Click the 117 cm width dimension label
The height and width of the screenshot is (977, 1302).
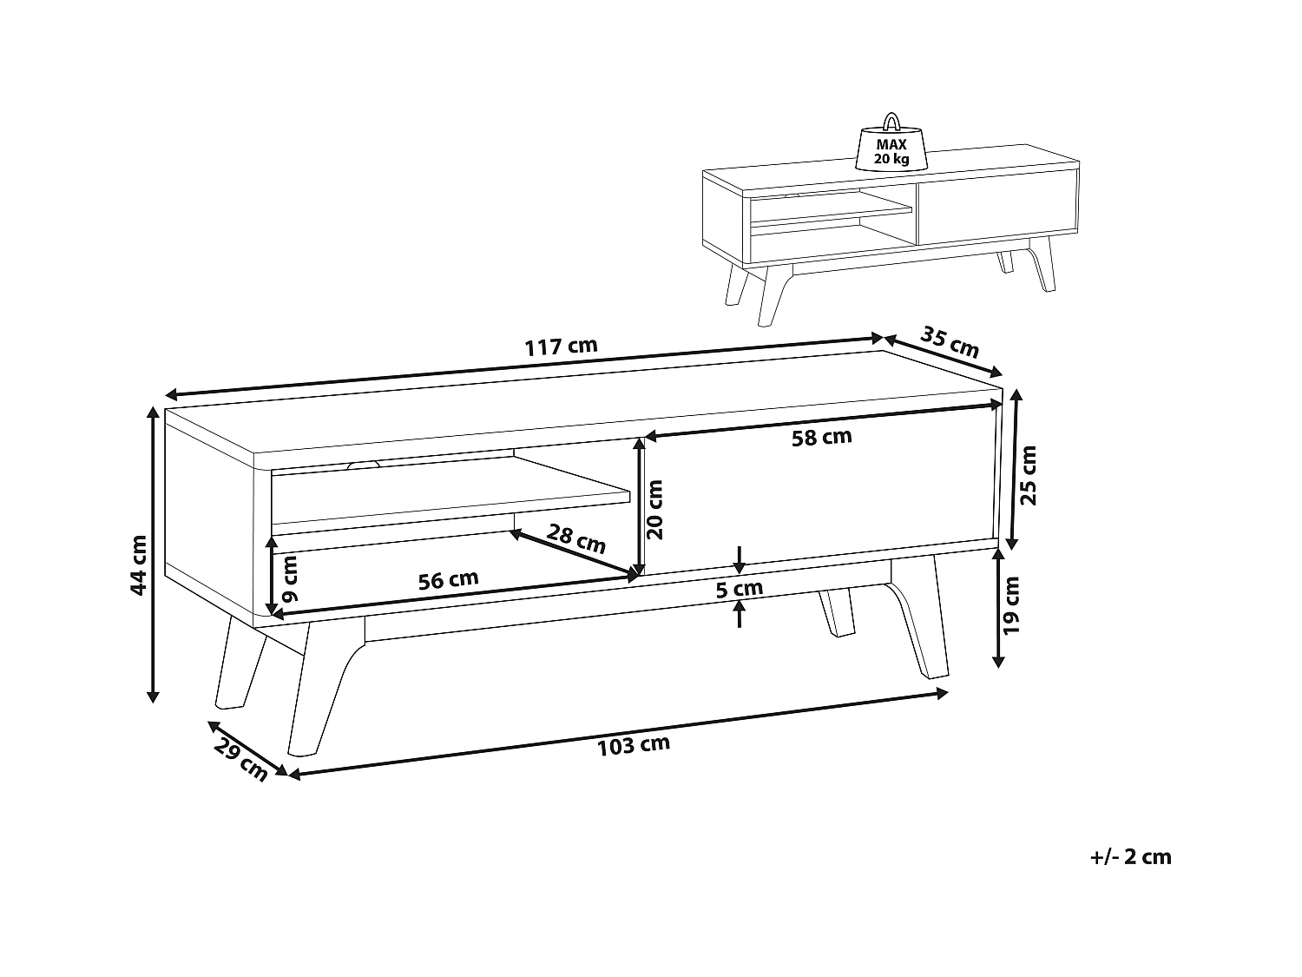click(x=561, y=347)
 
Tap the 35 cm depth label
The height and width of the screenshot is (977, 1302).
click(x=949, y=342)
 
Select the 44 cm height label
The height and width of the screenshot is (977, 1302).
click(x=138, y=564)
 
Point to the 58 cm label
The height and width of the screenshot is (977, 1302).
click(x=821, y=437)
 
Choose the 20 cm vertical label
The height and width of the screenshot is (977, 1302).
click(x=654, y=510)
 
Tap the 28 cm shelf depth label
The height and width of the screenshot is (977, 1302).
click(x=576, y=538)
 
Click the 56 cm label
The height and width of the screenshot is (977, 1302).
click(x=449, y=579)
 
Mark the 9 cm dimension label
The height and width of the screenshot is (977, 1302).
click(x=290, y=578)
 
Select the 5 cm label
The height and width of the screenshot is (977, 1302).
click(x=739, y=590)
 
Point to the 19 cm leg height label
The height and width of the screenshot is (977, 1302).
click(x=1010, y=605)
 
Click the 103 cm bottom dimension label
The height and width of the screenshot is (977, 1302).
click(x=634, y=746)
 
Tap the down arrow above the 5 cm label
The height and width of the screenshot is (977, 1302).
click(x=739, y=559)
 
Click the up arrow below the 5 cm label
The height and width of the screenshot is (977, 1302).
click(x=739, y=614)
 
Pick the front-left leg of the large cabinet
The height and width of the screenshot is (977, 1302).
click(x=323, y=688)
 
